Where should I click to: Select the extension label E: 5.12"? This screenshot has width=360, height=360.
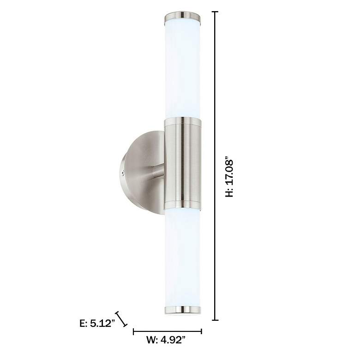click(x=96, y=324)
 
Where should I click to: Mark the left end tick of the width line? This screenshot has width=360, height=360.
click(x=133, y=331)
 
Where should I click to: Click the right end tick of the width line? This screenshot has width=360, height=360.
click(x=202, y=331)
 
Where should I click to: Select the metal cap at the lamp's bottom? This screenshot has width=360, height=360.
click(x=183, y=309)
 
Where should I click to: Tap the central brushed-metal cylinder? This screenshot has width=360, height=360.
click(x=183, y=162)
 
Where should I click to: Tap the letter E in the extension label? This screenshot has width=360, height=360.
click(x=83, y=324)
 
